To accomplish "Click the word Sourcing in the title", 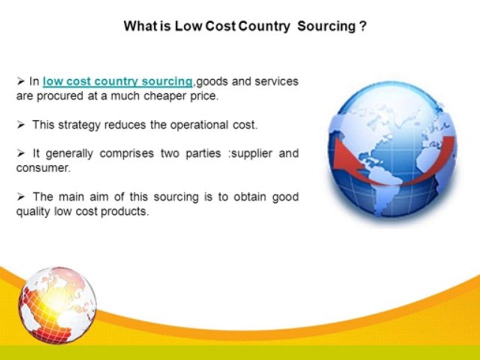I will tap(325, 26).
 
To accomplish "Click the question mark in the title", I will tap(362, 26).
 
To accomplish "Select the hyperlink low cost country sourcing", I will tap(117, 81).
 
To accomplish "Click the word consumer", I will tap(43, 168).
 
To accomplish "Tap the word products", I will tap(125, 211).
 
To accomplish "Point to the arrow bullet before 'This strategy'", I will tap(21, 124).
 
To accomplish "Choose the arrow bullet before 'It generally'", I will tap(21, 153).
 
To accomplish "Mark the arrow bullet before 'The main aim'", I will tap(21, 196).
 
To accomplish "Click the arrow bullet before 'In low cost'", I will tap(21, 81).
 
